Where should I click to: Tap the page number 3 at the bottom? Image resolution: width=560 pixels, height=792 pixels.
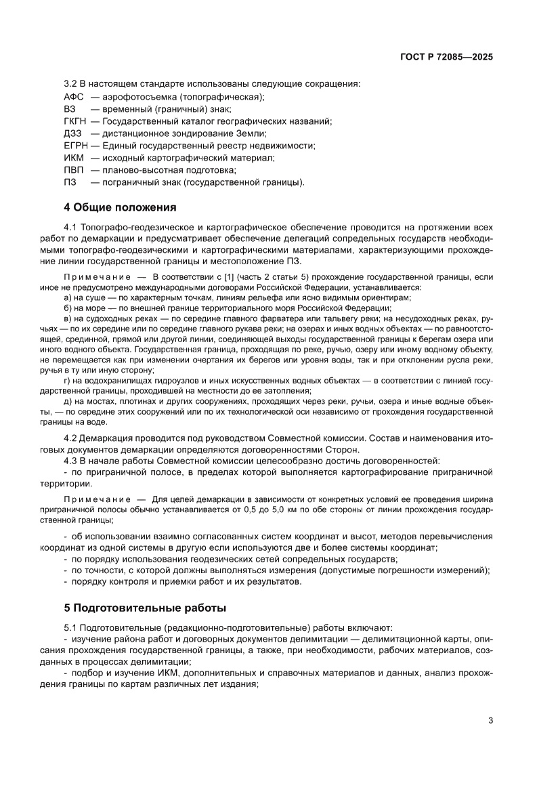pyautogui.click(x=490, y=720)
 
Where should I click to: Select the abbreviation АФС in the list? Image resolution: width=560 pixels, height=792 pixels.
pyautogui.click(x=73, y=97)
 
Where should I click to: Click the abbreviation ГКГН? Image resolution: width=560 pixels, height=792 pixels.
pyautogui.click(x=75, y=121)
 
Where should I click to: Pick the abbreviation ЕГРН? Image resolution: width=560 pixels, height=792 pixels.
pyautogui.click(x=76, y=146)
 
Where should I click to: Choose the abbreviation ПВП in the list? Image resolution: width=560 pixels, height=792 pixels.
pyautogui.click(x=74, y=170)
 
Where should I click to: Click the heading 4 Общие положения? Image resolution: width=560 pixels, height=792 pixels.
pyautogui.click(x=120, y=207)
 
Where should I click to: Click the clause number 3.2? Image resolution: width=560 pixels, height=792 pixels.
pyautogui.click(x=70, y=85)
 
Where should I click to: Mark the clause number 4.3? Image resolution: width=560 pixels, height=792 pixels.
pyautogui.click(x=70, y=461)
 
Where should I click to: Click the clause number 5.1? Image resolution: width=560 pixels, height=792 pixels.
pyautogui.click(x=70, y=629)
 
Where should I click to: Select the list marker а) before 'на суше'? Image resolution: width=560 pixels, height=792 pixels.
pyautogui.click(x=68, y=298)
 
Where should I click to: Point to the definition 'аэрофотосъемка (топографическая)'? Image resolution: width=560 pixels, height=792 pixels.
pyautogui.click(x=178, y=97)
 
